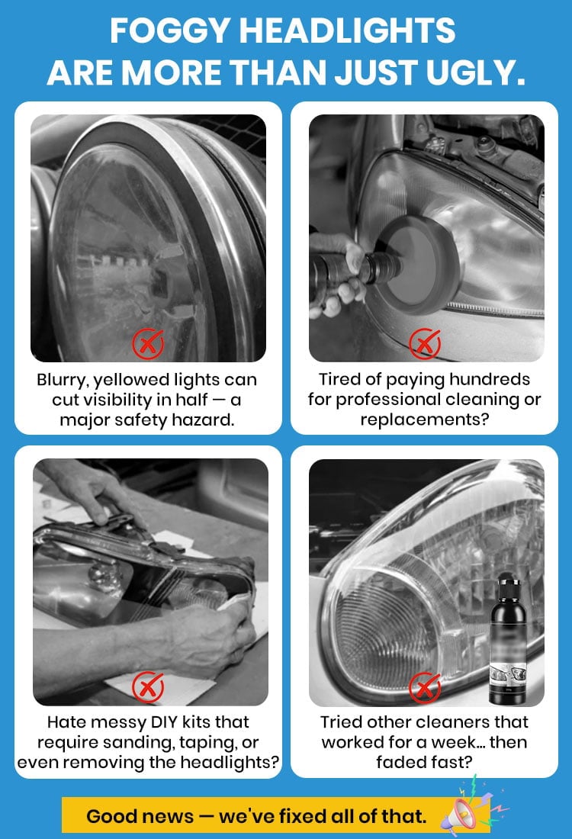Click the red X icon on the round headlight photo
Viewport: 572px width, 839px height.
(148, 343)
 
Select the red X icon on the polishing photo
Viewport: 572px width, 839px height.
(424, 343)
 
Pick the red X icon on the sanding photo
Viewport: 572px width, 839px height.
(148, 687)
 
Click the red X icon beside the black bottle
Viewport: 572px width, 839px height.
(424, 687)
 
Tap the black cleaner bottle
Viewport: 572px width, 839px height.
(508, 638)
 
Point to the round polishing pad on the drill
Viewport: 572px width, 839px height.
(423, 265)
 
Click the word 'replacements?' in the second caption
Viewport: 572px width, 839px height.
(425, 420)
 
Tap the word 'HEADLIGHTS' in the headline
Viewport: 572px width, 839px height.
(347, 31)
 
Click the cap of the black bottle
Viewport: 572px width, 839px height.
(508, 582)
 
